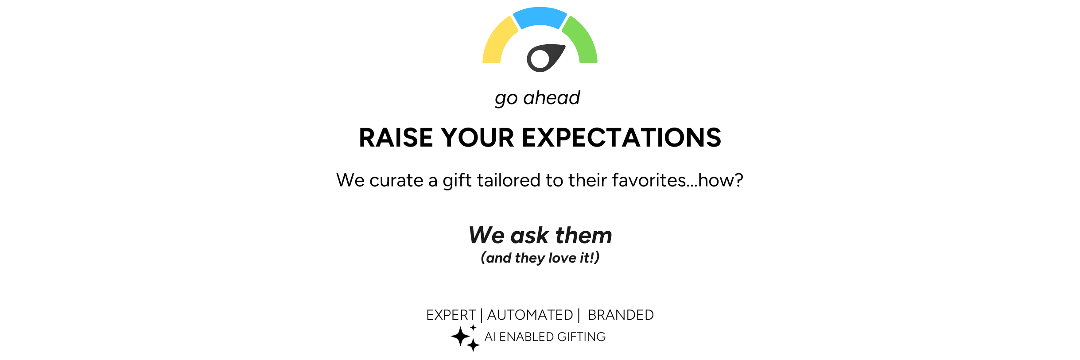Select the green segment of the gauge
tap(583, 42)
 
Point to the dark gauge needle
tap(545, 58)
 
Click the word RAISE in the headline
tap(396, 138)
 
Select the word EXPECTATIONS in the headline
tap(622, 138)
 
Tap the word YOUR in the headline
tap(478, 138)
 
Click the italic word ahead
tap(552, 97)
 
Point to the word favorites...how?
tap(678, 180)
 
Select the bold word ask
tap(530, 235)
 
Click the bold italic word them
tap(584, 235)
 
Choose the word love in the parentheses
tap(562, 258)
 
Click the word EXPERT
tap(451, 315)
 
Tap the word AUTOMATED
tap(530, 315)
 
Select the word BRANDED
tap(621, 315)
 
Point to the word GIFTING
tap(582, 337)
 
